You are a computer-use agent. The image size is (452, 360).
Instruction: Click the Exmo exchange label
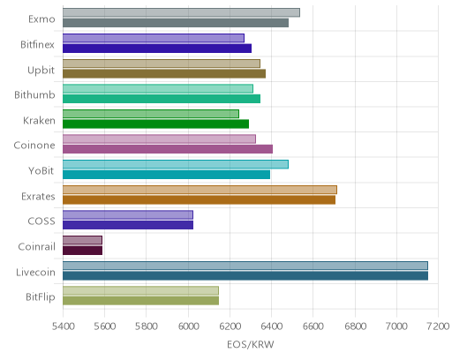pyautogui.click(x=41, y=19)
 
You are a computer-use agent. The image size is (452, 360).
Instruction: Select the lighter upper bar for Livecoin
pyautogui.click(x=245, y=266)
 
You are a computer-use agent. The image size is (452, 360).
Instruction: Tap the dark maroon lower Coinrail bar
pyautogui.click(x=82, y=251)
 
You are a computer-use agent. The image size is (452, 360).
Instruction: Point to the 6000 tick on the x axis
pyautogui.click(x=188, y=326)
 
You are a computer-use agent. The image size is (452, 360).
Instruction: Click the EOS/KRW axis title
pyautogui.click(x=251, y=344)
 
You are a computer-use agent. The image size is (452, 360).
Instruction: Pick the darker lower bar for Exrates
pyautogui.click(x=199, y=199)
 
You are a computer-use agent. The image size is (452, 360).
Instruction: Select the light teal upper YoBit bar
pyautogui.click(x=176, y=164)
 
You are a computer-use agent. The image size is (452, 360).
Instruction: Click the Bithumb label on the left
pyautogui.click(x=34, y=95)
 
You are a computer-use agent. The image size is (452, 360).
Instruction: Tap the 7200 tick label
pyautogui.click(x=439, y=326)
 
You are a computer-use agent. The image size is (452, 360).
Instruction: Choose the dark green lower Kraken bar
pyautogui.click(x=155, y=124)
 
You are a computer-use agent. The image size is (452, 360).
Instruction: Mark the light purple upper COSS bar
pyautogui.click(x=128, y=215)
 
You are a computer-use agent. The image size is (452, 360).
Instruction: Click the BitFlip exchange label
pyautogui.click(x=41, y=297)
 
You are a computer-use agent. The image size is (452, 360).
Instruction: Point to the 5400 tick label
pyautogui.click(x=63, y=326)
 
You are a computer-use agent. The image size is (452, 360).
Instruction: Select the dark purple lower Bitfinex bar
pyautogui.click(x=157, y=49)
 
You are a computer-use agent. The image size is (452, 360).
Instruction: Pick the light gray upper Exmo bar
pyautogui.click(x=181, y=12)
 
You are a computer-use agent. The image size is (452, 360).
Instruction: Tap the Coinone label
pyautogui.click(x=34, y=146)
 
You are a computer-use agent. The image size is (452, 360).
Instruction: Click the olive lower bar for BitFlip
pyautogui.click(x=140, y=301)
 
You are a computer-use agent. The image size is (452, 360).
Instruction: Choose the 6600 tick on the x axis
pyautogui.click(x=313, y=326)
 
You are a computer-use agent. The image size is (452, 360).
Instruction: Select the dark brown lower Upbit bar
pyautogui.click(x=164, y=73)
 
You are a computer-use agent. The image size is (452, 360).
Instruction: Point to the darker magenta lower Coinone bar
pyautogui.click(x=168, y=149)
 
